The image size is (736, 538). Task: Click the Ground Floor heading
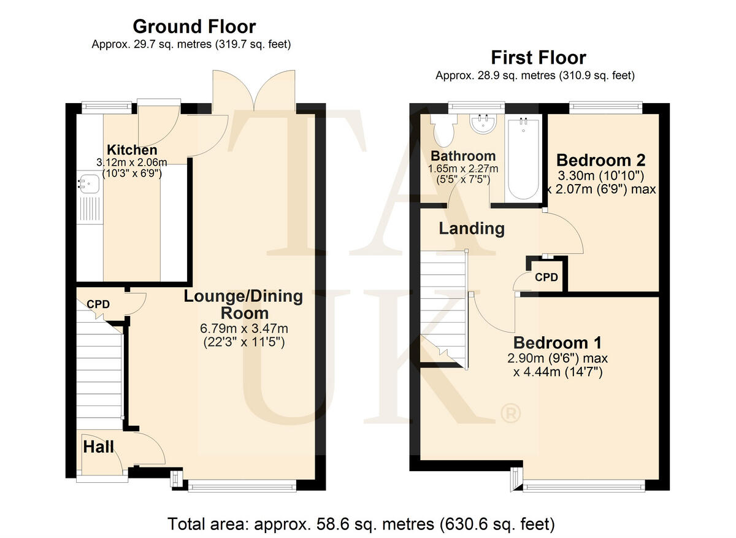(194, 27)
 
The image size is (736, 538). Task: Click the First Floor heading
(539, 58)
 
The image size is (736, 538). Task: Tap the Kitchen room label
(132, 150)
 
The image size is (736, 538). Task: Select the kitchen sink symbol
(89, 182)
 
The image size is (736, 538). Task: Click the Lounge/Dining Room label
(243, 305)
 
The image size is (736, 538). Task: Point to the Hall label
(98, 447)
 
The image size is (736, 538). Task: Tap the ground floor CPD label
(98, 304)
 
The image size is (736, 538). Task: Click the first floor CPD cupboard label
(546, 277)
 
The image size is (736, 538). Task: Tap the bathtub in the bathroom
(523, 158)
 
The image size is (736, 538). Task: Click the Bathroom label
(462, 156)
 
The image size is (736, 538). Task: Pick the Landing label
(472, 229)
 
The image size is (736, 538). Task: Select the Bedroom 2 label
(600, 161)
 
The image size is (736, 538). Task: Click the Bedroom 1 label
(557, 342)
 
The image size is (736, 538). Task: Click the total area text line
(361, 524)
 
